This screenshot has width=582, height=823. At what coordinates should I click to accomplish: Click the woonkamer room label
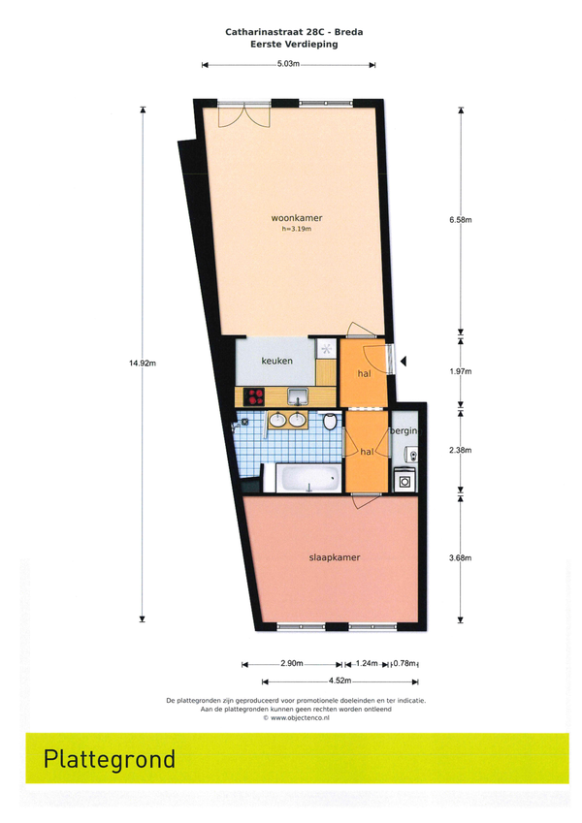coord(297,218)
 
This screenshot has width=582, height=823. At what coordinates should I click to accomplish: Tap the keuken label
coord(276,362)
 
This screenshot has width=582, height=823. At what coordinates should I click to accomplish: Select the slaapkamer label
coord(335,557)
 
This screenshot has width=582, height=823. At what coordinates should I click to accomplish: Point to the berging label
coord(405,431)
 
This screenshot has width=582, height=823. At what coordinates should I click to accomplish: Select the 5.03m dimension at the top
coord(288,65)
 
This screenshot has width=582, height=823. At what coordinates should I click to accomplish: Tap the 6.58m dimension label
coord(461,220)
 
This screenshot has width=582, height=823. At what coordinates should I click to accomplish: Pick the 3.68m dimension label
coord(460,558)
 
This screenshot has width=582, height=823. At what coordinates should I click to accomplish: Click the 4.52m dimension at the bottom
coord(339,681)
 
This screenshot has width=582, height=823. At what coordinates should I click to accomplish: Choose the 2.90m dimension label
coord(292,663)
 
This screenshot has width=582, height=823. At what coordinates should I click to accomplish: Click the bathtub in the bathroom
coord(308,478)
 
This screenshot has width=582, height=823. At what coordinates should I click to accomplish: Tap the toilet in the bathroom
coord(330,421)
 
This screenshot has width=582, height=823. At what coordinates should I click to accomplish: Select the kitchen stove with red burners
coord(256,396)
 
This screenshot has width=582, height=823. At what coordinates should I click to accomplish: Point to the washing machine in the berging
coord(405,479)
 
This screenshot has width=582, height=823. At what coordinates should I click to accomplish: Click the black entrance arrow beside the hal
coord(404,362)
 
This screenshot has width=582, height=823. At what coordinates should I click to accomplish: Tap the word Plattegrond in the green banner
coord(110,759)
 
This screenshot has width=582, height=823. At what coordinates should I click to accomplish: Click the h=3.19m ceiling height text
coord(297,229)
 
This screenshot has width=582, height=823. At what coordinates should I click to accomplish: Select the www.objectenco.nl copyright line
coord(296,717)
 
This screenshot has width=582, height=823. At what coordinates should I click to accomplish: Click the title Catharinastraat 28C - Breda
coord(294,32)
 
